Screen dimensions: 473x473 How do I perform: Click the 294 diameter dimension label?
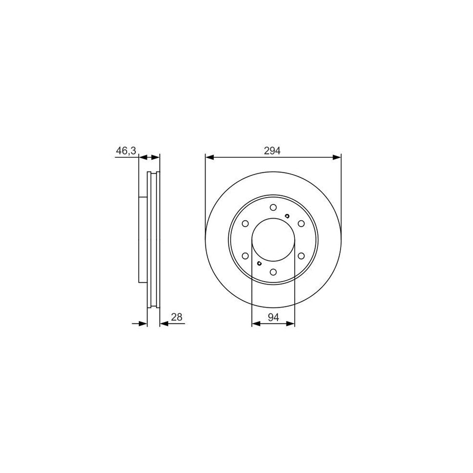click(x=273, y=151)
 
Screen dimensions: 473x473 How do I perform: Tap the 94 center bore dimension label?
click(x=273, y=317)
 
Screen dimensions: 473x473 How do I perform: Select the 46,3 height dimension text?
click(x=126, y=151)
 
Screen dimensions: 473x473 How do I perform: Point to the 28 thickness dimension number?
click(x=177, y=317)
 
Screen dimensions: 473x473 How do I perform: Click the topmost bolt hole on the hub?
click(x=273, y=208)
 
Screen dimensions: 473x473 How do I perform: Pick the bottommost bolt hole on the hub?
click(x=273, y=272)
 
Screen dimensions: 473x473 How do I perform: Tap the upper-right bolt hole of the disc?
click(x=301, y=224)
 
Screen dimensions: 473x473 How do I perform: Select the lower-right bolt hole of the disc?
click(x=301, y=256)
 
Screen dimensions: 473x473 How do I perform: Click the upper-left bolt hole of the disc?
click(x=245, y=224)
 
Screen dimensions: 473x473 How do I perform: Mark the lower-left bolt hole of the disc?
click(x=245, y=256)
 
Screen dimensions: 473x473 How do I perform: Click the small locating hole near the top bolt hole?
click(x=286, y=215)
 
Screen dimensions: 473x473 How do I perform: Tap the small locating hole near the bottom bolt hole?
click(x=259, y=264)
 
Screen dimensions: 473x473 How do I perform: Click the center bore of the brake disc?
click(x=273, y=240)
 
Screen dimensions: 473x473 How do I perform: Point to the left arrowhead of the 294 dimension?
click(x=209, y=157)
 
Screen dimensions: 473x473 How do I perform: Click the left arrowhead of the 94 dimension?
click(x=256, y=324)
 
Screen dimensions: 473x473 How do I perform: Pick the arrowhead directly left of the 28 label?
click(x=163, y=324)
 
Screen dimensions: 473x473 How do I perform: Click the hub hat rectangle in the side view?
click(x=142, y=240)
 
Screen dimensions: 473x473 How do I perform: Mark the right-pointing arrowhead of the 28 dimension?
click(x=143, y=324)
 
